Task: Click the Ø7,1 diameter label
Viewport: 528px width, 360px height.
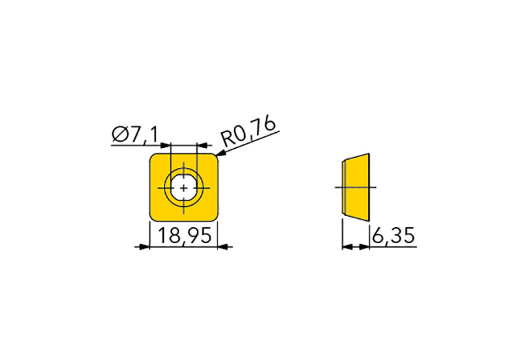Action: [135, 134]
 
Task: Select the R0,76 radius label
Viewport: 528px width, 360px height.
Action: [249, 132]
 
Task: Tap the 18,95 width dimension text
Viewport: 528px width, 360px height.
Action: [184, 235]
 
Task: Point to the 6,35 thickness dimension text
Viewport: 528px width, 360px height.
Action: [393, 235]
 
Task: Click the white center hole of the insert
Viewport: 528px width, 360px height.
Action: [184, 188]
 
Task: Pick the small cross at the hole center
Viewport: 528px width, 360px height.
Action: [184, 188]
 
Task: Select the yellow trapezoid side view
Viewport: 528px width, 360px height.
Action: [356, 187]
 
